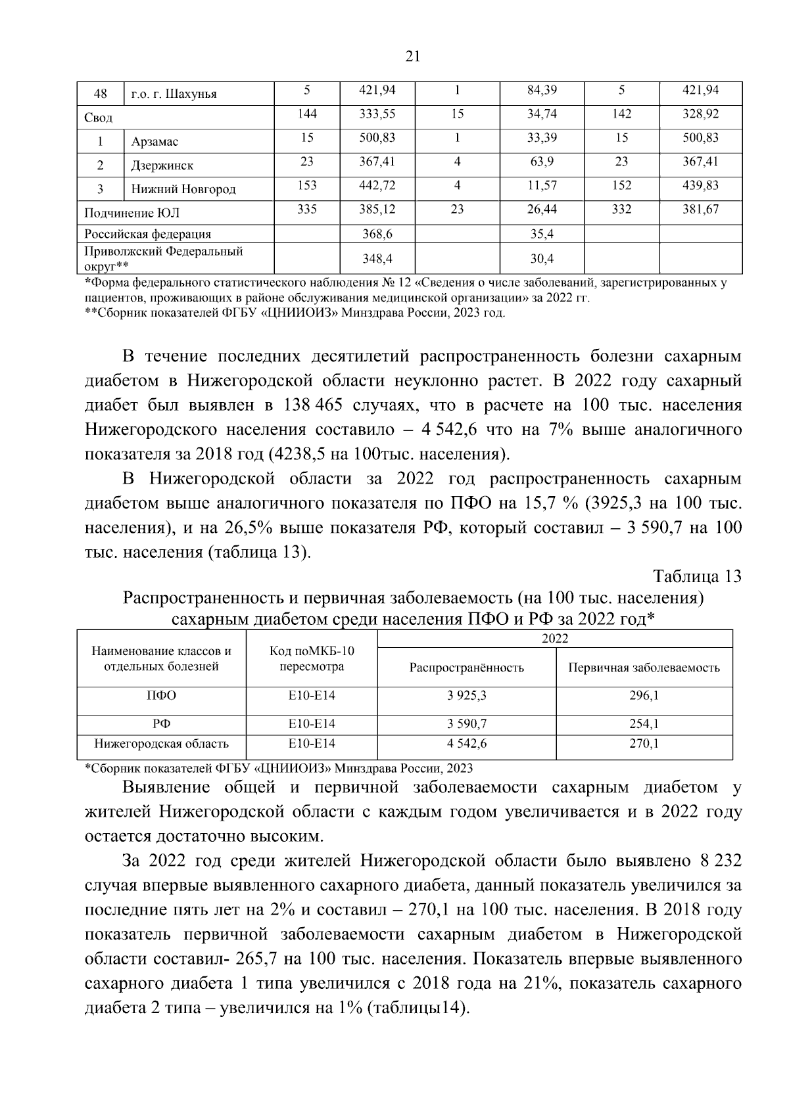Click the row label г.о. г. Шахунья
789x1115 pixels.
click(x=174, y=94)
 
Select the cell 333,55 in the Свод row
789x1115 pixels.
click(x=377, y=114)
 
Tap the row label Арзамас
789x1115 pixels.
click(x=155, y=142)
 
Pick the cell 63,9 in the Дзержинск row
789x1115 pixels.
click(x=542, y=162)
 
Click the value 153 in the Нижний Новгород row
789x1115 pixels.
click(x=307, y=185)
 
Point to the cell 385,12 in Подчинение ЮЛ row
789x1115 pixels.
click(x=377, y=209)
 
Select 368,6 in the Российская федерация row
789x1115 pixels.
click(x=377, y=234)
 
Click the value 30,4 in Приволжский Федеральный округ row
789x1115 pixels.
click(x=542, y=259)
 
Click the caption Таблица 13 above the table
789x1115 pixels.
click(x=697, y=576)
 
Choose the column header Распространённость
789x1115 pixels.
click(x=466, y=668)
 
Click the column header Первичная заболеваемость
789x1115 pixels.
click(x=644, y=668)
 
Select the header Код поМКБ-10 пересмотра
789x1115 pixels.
click(x=312, y=659)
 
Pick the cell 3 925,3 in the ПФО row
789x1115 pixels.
click(x=466, y=695)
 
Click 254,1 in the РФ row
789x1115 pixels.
click(x=644, y=724)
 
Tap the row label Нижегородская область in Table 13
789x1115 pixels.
click(x=161, y=744)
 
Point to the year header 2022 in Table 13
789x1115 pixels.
click(x=554, y=639)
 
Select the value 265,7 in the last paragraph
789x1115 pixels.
click(x=258, y=959)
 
